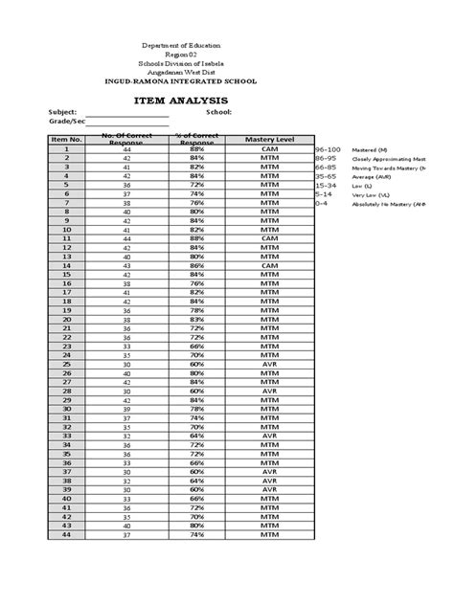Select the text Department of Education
tap(194, 47)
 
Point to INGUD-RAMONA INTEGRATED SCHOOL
tap(194, 80)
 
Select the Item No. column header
tap(67, 140)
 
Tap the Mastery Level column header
tap(268, 140)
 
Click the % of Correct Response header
tap(196, 140)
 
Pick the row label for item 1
tap(67, 150)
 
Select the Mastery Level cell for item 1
tap(268, 150)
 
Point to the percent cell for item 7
tap(196, 204)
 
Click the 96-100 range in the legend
tap(328, 151)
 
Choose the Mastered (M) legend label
tap(372, 151)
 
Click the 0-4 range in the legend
tap(322, 203)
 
